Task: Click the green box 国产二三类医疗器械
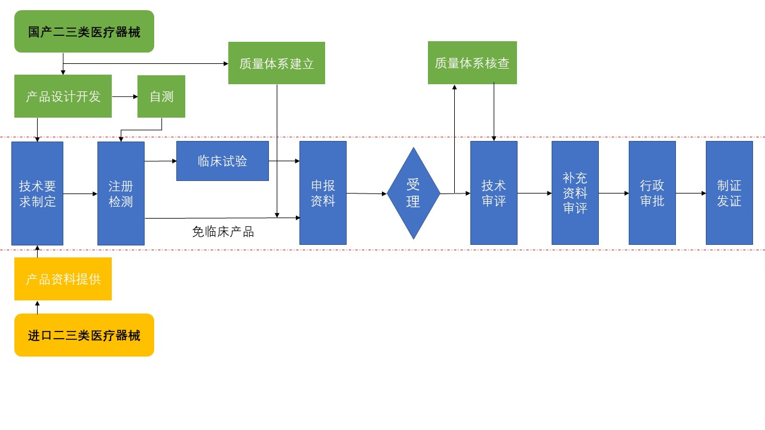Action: pyautogui.click(x=84, y=31)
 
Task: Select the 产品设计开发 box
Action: pyautogui.click(x=63, y=96)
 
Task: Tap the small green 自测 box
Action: pyautogui.click(x=161, y=96)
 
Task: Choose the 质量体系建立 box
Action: pyautogui.click(x=277, y=63)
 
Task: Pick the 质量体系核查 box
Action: pyautogui.click(x=472, y=63)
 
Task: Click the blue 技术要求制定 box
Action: pyautogui.click(x=37, y=193)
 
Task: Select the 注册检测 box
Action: pyautogui.click(x=121, y=193)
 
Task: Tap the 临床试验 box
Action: pyautogui.click(x=222, y=161)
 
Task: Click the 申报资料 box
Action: pyautogui.click(x=323, y=193)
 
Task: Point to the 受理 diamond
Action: pyautogui.click(x=413, y=193)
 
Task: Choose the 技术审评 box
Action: pyautogui.click(x=494, y=193)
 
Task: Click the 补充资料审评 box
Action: pyautogui.click(x=575, y=193)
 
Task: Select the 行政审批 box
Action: pyautogui.click(x=652, y=193)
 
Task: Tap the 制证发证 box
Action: pyautogui.click(x=729, y=193)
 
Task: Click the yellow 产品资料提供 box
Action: pyautogui.click(x=63, y=279)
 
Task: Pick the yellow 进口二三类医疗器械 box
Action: pyautogui.click(x=84, y=335)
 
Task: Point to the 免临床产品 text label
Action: pyautogui.click(x=223, y=232)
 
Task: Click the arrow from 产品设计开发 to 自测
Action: pyautogui.click(x=124, y=96)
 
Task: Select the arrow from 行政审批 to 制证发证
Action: pyautogui.click(x=691, y=193)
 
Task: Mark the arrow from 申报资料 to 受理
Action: pyautogui.click(x=366, y=193)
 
